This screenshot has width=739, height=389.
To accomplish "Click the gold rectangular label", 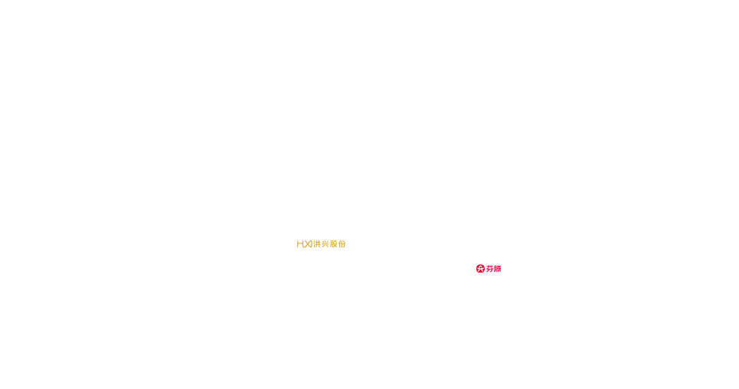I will tap(321, 244).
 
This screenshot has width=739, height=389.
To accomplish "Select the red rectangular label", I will tap(489, 268).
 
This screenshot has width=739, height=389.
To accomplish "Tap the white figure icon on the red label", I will tap(480, 268).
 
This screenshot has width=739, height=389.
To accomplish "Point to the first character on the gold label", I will tap(299, 244).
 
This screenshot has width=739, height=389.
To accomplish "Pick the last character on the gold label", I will tap(343, 244).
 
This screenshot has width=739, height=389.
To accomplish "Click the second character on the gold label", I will tap(304, 244).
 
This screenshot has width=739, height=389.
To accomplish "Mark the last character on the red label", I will tap(499, 268).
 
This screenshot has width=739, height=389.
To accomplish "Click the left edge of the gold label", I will tap(296, 244).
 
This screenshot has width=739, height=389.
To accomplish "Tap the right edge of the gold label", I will tap(346, 244).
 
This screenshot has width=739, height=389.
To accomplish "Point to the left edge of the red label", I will tap(476, 268).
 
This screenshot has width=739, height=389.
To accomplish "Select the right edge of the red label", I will tap(501, 268).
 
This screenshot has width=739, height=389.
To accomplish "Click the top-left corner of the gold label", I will tap(296, 239).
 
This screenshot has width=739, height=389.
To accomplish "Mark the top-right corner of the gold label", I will tap(346, 239).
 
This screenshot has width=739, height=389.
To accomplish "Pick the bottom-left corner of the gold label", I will tap(296, 249).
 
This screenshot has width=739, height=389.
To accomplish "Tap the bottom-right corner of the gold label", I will tap(346, 249).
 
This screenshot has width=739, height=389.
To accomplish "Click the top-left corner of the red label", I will tap(476, 264).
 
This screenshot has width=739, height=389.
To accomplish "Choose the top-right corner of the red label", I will tap(501, 264).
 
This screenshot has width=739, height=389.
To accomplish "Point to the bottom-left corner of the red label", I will tap(476, 273).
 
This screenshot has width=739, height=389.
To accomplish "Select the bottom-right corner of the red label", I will tap(501, 273).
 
